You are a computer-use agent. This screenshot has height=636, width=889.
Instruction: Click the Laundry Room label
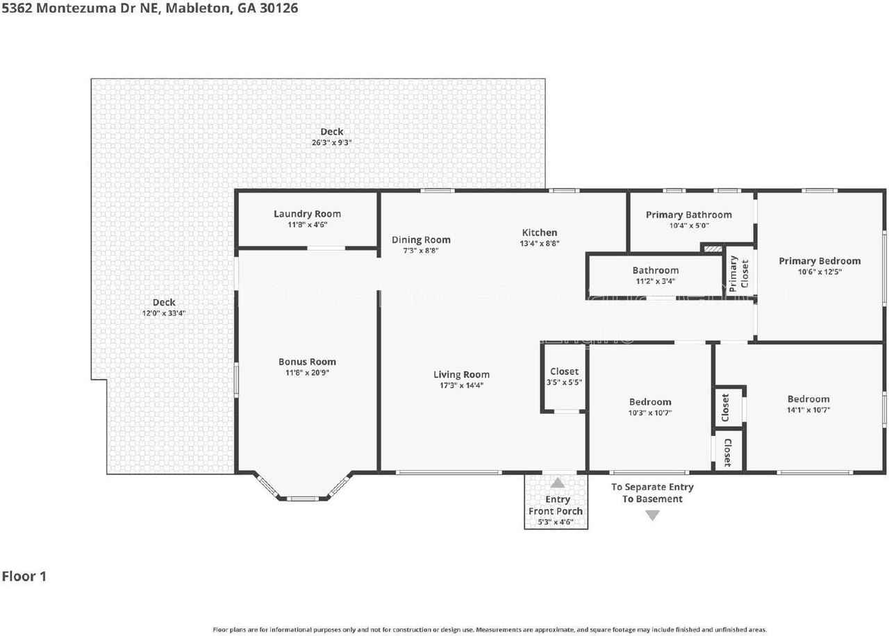pos(307,214)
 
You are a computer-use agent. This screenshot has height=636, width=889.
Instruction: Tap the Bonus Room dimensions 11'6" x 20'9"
pos(307,373)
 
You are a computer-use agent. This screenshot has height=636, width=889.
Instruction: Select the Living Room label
pos(461,375)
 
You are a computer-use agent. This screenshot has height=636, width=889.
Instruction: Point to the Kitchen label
pos(540,233)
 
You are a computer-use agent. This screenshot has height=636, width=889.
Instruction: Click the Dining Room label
pos(421,240)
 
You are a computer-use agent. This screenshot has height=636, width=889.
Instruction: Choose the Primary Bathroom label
pos(688,215)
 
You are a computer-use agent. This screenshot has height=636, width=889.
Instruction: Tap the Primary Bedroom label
pos(820,261)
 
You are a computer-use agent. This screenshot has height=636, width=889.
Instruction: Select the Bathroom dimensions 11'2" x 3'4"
pos(655,281)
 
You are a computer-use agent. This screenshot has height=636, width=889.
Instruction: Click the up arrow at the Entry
pos(557,483)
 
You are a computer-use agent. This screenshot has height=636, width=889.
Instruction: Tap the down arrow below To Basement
pos(652,515)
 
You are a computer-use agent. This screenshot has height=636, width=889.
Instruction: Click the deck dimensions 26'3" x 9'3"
pos(331,142)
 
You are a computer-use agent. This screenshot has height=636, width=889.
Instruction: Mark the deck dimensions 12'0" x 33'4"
pos(164,313)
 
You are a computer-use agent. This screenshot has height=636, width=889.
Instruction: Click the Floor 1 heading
pos(24,576)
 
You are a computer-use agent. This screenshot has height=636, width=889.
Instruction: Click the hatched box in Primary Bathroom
pos(713,247)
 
